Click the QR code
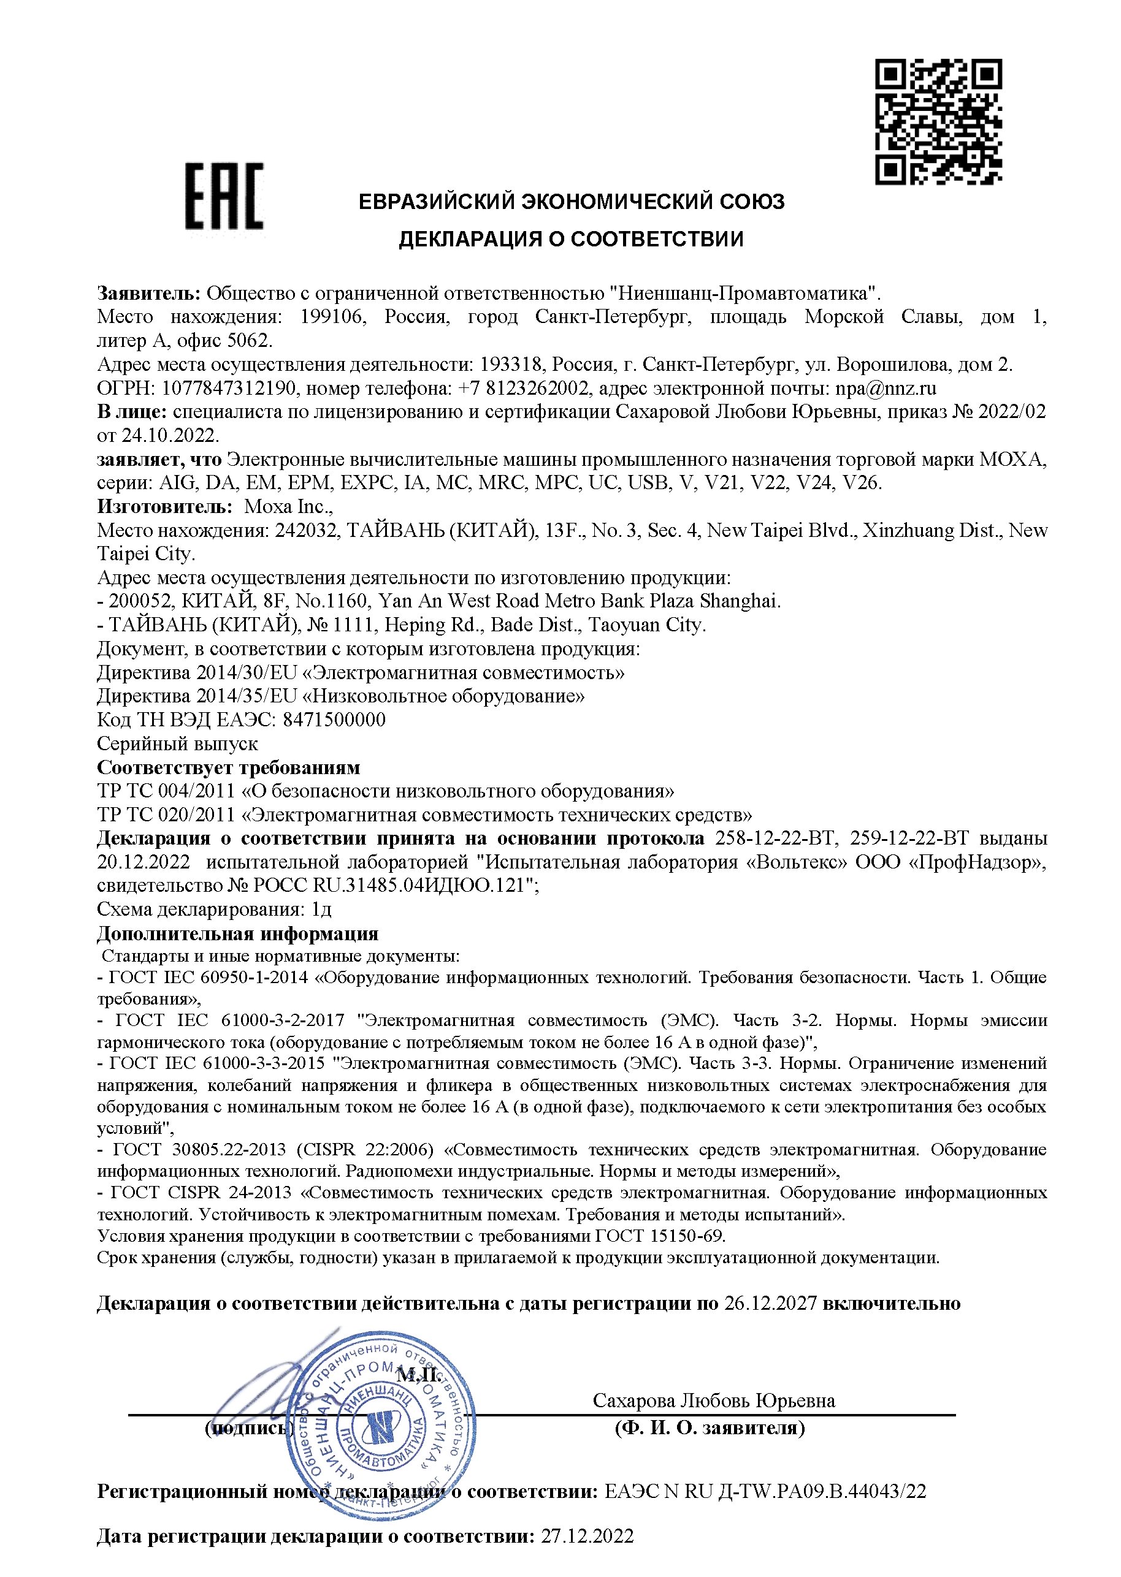[938, 121]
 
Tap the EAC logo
[224, 196]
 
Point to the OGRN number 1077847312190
[230, 389]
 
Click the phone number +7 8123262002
[524, 389]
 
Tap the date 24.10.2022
[170, 435]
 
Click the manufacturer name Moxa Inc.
[288, 506]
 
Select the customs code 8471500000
[334, 720]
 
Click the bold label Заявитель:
[148, 293]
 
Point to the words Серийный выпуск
[177, 743]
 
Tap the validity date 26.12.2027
[770, 1303]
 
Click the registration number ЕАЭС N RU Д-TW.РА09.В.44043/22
[765, 1491]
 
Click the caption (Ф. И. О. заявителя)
[710, 1428]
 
